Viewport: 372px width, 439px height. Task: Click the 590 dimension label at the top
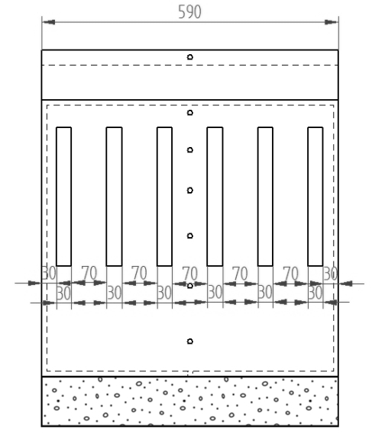pyautogui.click(x=189, y=12)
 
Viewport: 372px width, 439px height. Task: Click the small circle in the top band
pyautogui.click(x=190, y=57)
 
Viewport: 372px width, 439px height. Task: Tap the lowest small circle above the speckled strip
pyautogui.click(x=190, y=341)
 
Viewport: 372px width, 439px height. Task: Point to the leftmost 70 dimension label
pyautogui.click(x=89, y=273)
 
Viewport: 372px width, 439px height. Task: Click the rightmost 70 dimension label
pyautogui.click(x=290, y=273)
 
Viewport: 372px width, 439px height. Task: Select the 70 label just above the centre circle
pyautogui.click(x=190, y=273)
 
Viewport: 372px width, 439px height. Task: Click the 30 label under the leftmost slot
pyautogui.click(x=63, y=293)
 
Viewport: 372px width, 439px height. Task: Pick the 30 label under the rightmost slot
pyautogui.click(x=315, y=293)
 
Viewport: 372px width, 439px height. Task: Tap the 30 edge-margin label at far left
pyautogui.click(x=49, y=273)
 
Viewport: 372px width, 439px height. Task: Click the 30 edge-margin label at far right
pyautogui.click(x=330, y=274)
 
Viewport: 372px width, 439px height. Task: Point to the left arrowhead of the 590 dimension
pyautogui.click(x=49, y=22)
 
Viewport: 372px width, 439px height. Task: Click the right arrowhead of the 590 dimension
pyautogui.click(x=331, y=22)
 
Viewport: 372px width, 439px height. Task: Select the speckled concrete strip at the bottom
pyautogui.click(x=190, y=402)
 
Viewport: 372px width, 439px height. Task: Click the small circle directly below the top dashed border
pyautogui.click(x=190, y=113)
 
